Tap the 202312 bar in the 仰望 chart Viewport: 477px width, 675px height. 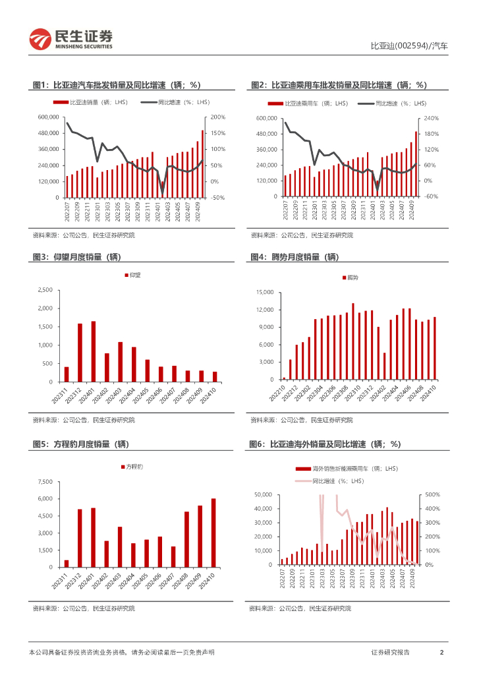80,353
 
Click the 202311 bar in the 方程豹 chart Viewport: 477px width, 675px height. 66,564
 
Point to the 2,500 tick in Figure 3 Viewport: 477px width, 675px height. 44,290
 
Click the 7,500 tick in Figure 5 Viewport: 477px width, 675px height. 44,482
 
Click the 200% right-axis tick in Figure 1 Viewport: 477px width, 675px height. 217,117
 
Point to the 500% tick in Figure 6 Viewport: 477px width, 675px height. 431,494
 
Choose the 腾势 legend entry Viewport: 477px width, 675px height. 351,278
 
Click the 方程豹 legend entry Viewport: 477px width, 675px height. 133,467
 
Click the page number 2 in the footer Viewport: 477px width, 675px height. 441,653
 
